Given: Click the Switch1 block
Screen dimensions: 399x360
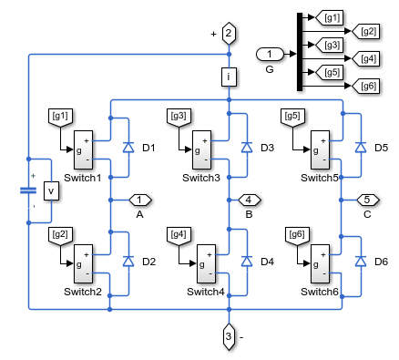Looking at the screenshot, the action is click(83, 149).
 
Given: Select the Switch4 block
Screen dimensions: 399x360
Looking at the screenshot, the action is click(206, 263).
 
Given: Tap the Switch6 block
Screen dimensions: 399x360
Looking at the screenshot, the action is click(320, 263).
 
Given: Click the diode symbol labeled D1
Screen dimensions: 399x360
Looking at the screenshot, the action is click(128, 148).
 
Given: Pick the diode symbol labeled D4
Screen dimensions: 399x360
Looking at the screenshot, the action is click(247, 262).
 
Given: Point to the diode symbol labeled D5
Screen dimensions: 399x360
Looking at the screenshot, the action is click(361, 148).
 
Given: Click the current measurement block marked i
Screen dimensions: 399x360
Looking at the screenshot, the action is click(229, 77).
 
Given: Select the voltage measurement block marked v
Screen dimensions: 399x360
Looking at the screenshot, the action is click(51, 190).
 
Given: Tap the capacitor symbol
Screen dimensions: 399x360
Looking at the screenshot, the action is click(28, 190).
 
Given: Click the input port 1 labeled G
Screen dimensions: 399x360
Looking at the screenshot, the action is click(270, 54).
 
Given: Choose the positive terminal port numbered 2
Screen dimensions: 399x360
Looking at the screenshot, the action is click(229, 33).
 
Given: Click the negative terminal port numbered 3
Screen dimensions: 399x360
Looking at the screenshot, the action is click(229, 336).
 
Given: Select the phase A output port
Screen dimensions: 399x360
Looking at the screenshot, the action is click(140, 200).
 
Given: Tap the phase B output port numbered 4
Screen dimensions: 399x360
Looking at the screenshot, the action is click(250, 200).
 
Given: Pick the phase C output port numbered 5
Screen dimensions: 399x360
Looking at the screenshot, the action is click(368, 200).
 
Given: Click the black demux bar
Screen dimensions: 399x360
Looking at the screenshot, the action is click(300, 52).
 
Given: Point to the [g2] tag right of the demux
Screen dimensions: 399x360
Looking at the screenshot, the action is click(365, 31).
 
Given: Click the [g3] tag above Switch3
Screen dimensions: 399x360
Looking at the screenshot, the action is click(179, 117).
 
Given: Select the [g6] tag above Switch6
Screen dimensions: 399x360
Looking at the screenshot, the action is click(297, 235).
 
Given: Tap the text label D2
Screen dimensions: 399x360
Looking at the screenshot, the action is click(148, 262).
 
